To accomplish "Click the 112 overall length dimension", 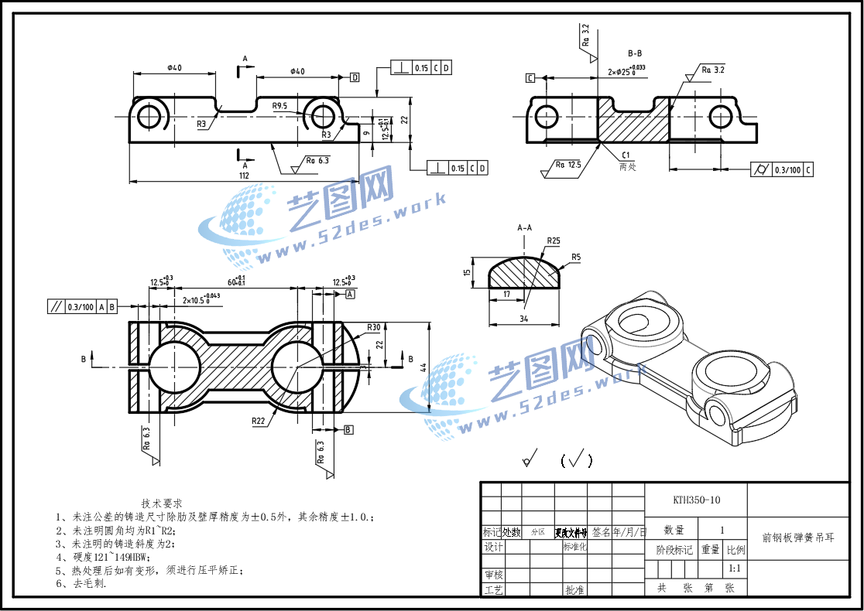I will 244,176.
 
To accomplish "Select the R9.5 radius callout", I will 279,106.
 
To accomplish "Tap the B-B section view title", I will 635,53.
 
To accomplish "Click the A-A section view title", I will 524,228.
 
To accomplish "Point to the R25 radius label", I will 553,241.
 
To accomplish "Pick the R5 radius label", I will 576,257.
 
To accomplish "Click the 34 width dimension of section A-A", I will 523,319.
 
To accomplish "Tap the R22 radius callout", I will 259,421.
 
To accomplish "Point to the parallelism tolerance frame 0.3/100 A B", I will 82,306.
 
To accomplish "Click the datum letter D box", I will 355,77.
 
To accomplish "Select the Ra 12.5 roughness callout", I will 568,164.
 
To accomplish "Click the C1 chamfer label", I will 626,155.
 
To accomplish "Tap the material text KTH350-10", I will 696,500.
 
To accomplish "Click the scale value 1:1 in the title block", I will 735,568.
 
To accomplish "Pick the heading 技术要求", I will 162,503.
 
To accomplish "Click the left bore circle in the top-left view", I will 149,117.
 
